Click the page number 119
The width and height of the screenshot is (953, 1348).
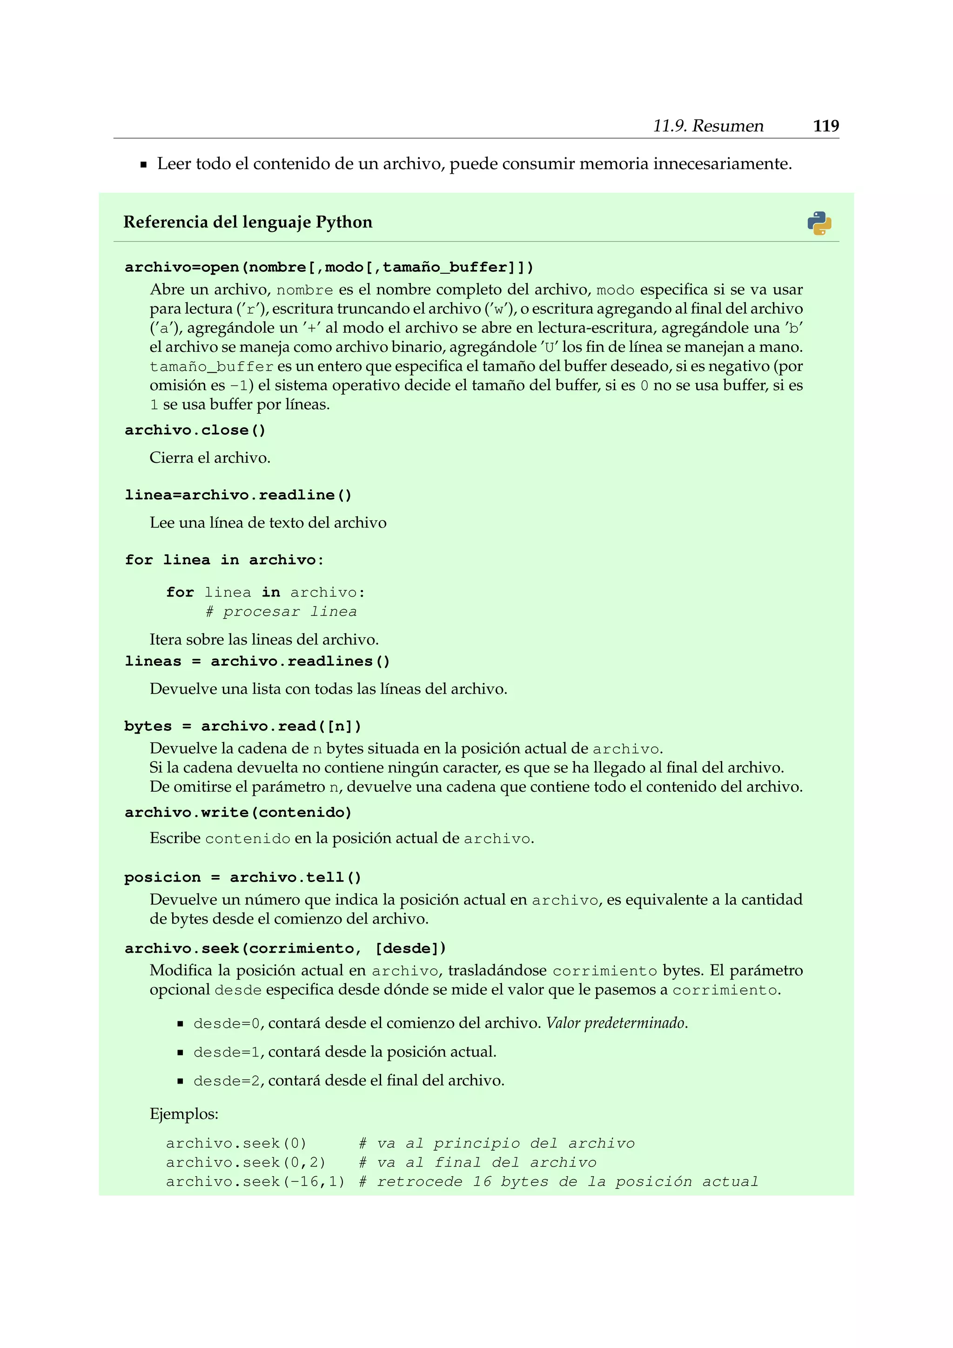[825, 126]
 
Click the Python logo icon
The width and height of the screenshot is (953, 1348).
[819, 223]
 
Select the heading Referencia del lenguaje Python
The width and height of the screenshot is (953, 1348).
[248, 222]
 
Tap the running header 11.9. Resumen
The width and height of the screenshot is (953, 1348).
[708, 126]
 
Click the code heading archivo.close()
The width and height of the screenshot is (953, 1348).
[195, 431]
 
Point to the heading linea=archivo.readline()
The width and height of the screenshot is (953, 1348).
[238, 495]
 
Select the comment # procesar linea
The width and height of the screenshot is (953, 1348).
[281, 612]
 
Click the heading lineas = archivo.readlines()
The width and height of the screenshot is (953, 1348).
[257, 661]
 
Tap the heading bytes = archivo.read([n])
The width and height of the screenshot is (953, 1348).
[242, 726]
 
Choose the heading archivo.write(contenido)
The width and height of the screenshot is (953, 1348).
[238, 813]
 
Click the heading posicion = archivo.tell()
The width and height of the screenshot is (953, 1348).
[242, 877]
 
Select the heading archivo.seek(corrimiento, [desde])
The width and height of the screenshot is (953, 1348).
[285, 948]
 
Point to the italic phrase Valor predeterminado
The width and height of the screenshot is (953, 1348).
[616, 1023]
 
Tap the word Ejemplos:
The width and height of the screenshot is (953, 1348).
[184, 1114]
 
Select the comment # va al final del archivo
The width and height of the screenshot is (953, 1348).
[477, 1162]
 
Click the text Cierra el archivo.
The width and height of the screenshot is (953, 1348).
[209, 458]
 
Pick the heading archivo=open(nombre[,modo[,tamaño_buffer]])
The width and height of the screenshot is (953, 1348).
[329, 267]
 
